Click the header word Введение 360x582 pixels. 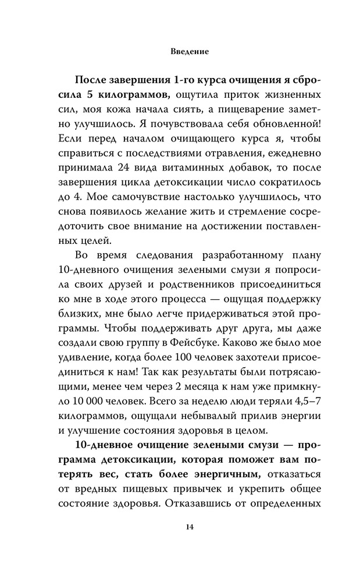(190, 51)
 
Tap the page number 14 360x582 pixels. (190, 527)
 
